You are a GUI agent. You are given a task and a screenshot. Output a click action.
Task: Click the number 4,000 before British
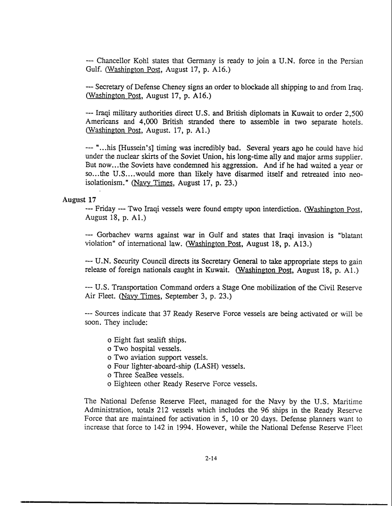pyautogui.click(x=136, y=122)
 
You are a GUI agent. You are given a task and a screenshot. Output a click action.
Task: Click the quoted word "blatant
pyautogui.click(x=350, y=235)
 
